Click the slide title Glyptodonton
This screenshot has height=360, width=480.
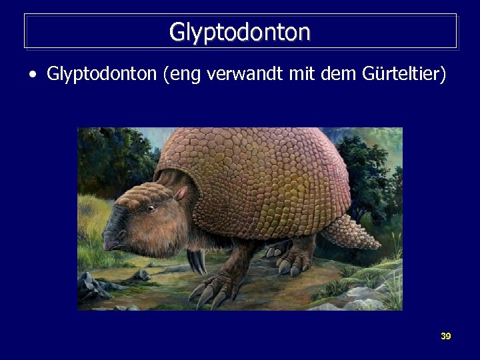(240, 31)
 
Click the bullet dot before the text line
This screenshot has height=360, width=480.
(33, 75)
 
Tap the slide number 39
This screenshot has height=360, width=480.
(445, 336)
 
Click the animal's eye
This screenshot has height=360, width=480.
(151, 209)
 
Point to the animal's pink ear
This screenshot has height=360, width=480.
(181, 193)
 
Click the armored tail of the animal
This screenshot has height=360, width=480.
(365, 231)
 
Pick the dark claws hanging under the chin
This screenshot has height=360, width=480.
(196, 261)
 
